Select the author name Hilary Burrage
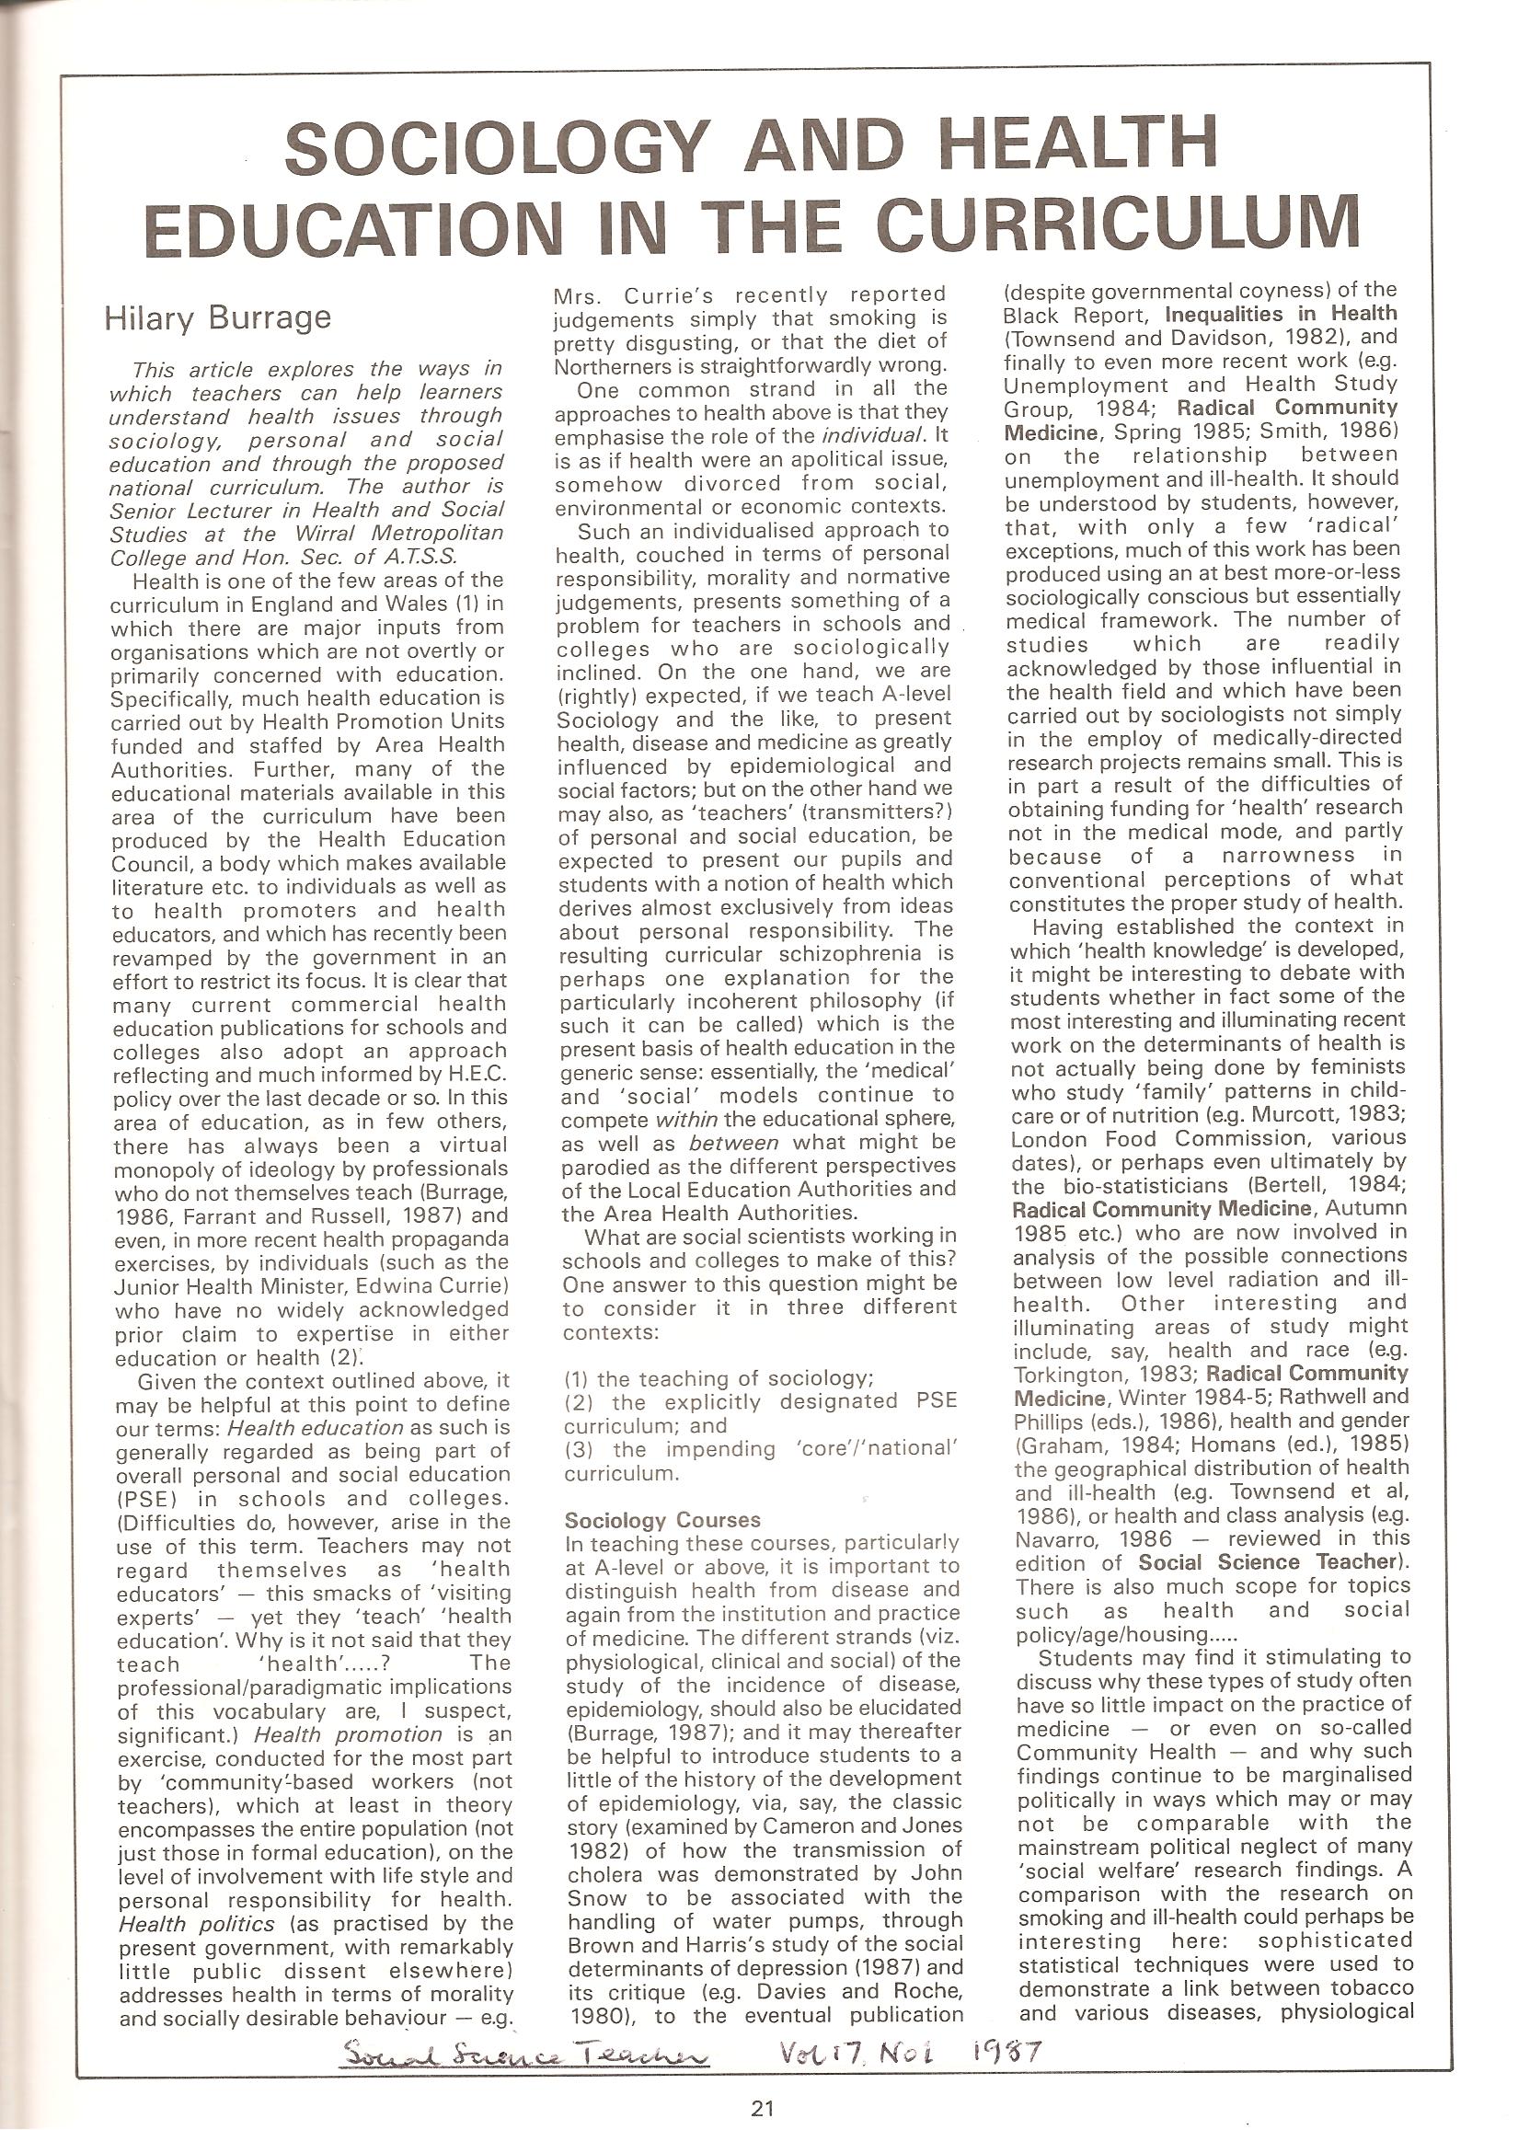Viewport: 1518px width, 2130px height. click(x=218, y=317)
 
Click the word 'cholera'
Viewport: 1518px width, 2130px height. click(x=605, y=1874)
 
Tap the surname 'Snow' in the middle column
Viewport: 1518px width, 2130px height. click(x=597, y=1898)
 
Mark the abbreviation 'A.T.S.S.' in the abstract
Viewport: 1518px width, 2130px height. click(x=418, y=557)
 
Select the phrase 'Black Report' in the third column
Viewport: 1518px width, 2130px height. click(x=1060, y=314)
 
